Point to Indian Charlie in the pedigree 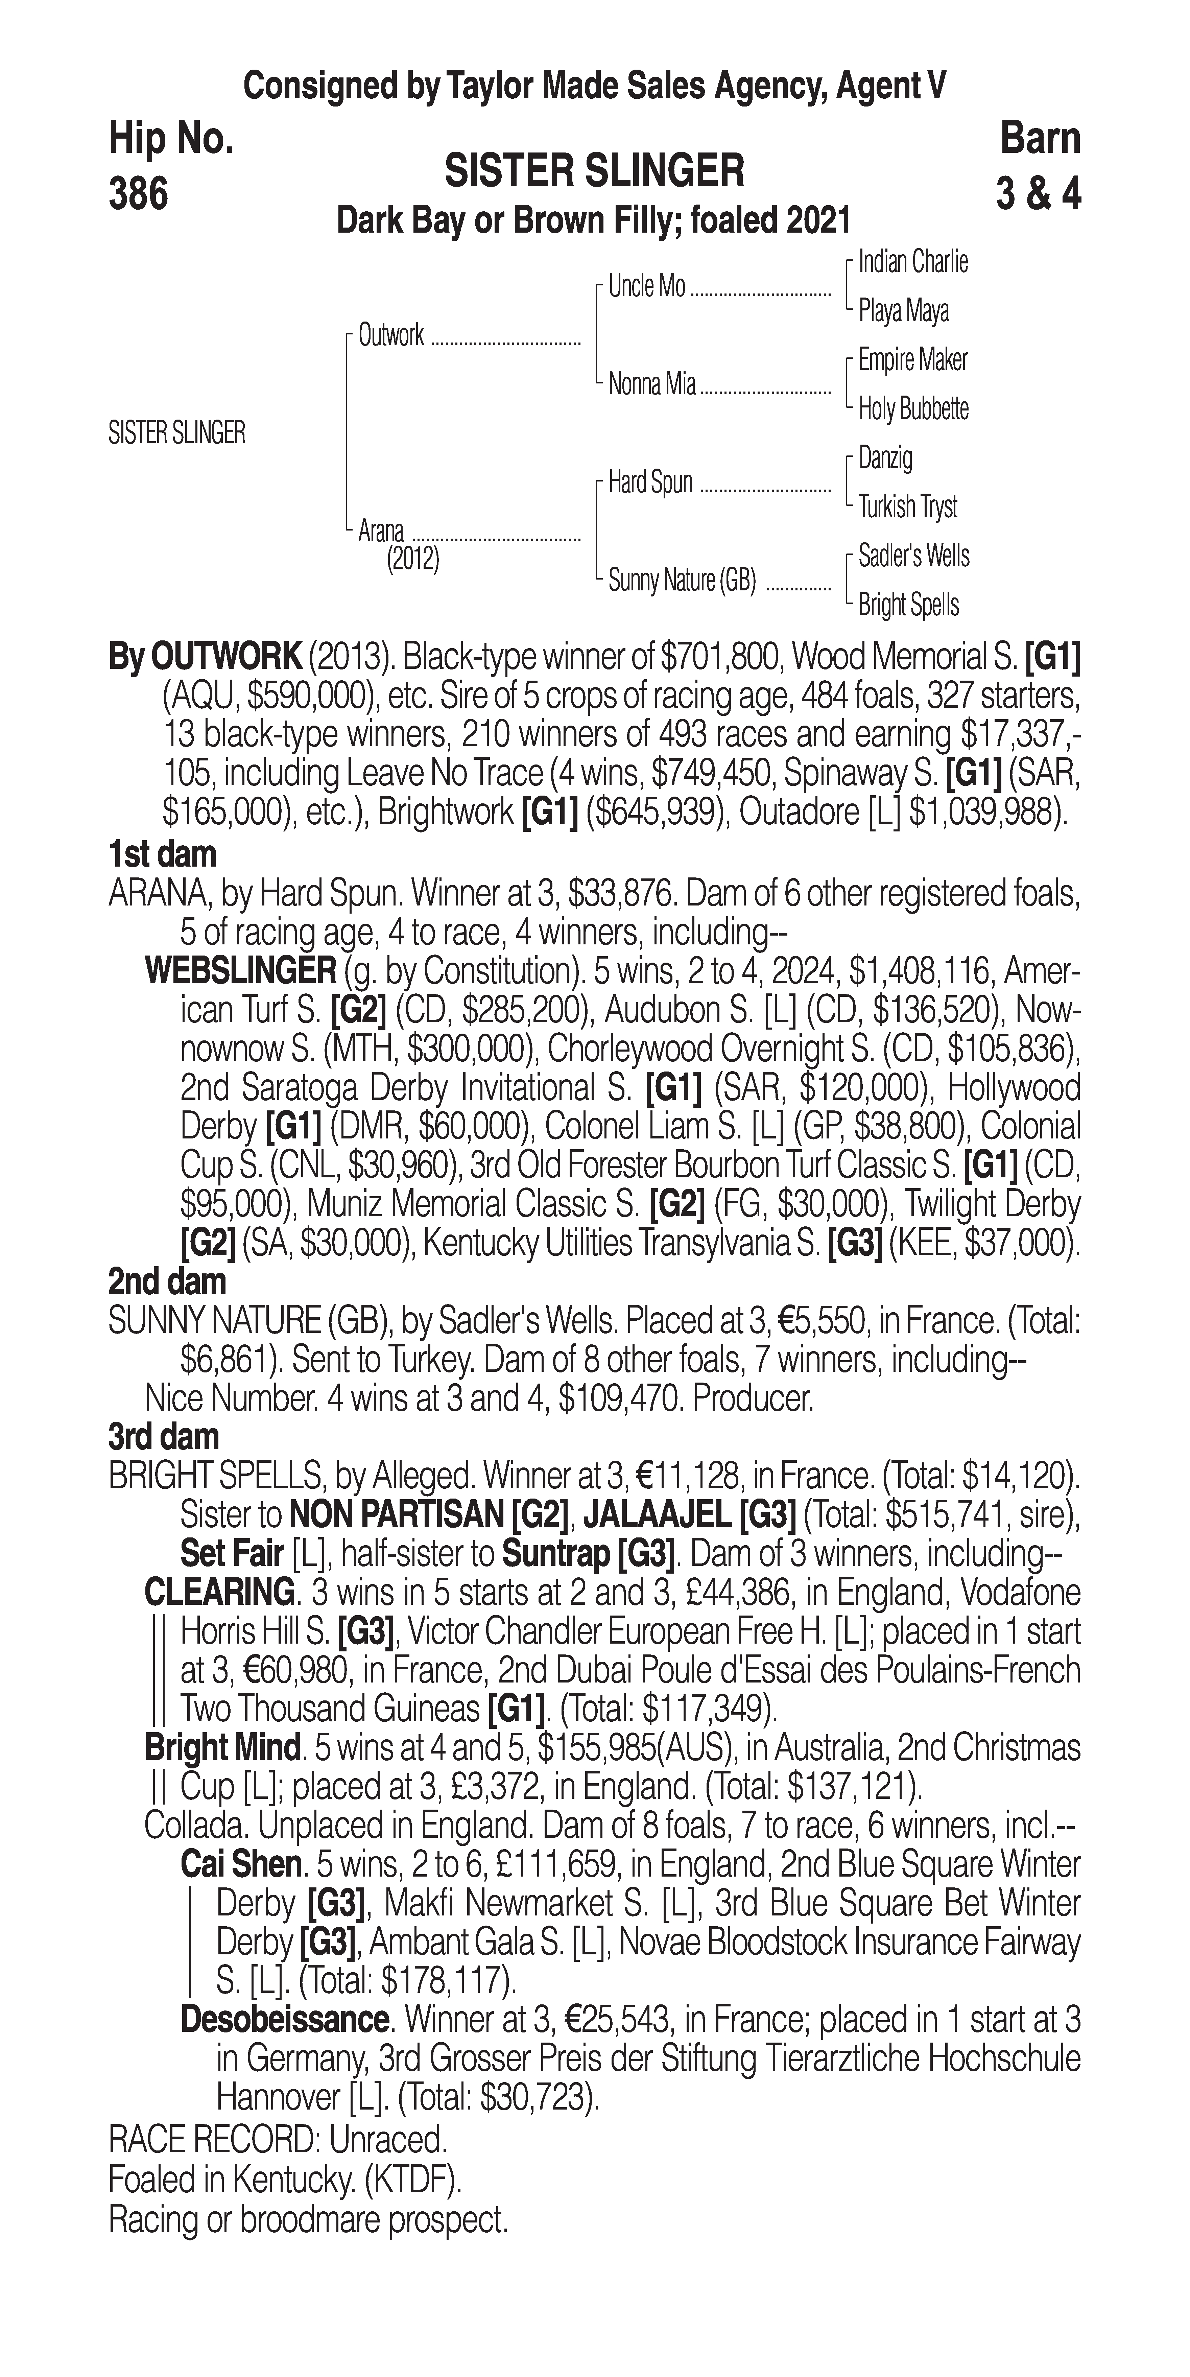(912, 262)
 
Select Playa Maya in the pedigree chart (903, 311)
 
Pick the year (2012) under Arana (412, 559)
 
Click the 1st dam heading (162, 854)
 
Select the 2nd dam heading (167, 1282)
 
